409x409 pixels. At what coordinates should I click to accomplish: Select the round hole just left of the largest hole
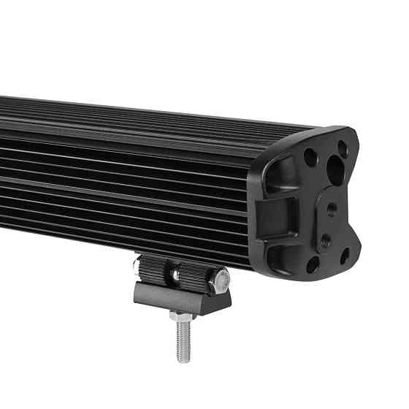pyautogui.click(x=310, y=156)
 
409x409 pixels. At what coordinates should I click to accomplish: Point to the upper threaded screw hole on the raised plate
pyautogui.click(x=332, y=208)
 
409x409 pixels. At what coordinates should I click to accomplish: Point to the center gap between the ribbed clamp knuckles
pyautogui.click(x=175, y=275)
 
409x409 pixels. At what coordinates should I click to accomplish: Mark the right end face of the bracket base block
pyautogui.click(x=222, y=299)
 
